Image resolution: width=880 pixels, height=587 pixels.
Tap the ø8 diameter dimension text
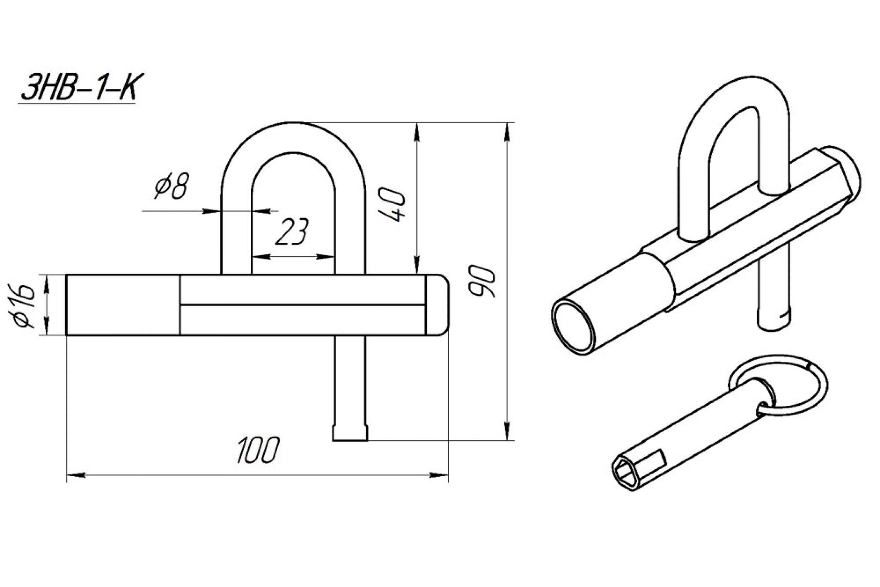172,186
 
